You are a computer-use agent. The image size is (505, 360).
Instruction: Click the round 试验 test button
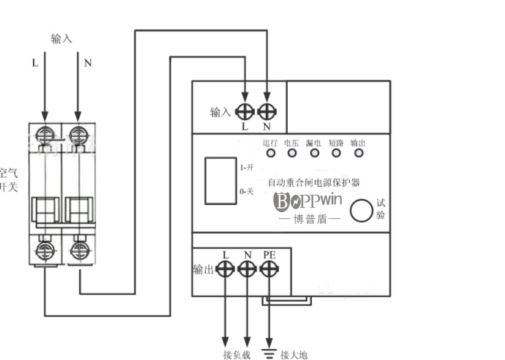click(x=361, y=210)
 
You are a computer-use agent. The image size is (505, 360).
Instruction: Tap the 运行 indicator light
click(x=270, y=153)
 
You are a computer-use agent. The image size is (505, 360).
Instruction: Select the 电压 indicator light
click(x=292, y=153)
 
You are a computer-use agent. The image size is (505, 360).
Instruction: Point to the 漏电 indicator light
click(x=314, y=153)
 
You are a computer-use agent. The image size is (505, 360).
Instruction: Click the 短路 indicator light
click(x=336, y=153)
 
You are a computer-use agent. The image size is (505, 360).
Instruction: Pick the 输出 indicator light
click(x=358, y=153)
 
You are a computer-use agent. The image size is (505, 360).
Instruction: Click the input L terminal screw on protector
click(x=245, y=112)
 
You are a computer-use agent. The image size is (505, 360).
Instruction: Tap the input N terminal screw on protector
click(x=267, y=112)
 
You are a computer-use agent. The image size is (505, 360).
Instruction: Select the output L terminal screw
click(x=225, y=269)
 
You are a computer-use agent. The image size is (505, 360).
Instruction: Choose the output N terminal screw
click(x=247, y=269)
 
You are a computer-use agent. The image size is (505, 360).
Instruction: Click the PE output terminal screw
click(x=269, y=269)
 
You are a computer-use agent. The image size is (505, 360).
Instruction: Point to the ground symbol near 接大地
click(x=269, y=353)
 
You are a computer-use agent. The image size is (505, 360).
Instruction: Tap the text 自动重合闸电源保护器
click(x=314, y=182)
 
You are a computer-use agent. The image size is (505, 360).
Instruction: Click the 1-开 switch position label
click(x=246, y=167)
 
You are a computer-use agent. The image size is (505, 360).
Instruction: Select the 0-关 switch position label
click(x=246, y=192)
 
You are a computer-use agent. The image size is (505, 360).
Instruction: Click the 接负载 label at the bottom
click(x=236, y=354)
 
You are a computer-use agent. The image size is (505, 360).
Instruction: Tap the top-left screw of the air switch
click(x=45, y=133)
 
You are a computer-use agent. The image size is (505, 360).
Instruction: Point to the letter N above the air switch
click(x=87, y=63)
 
